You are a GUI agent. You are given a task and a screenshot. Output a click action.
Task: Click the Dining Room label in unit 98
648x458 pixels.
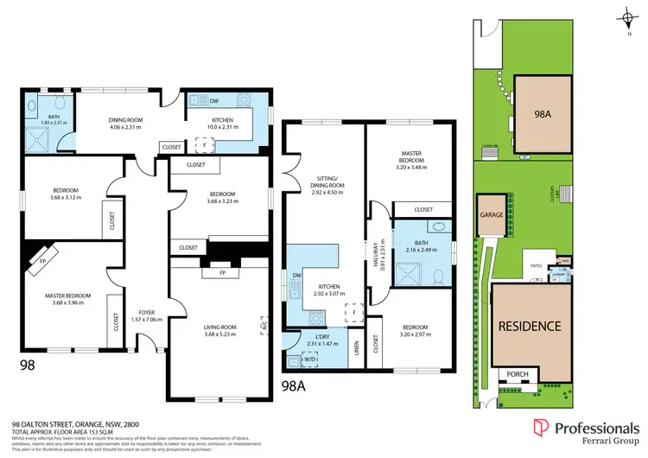[126, 120]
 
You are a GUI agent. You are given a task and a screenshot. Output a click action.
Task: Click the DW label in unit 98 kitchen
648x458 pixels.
[201, 99]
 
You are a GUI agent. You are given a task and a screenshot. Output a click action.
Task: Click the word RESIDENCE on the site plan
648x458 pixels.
[529, 327]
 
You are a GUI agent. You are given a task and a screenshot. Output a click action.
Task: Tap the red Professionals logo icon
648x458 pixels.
[541, 427]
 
